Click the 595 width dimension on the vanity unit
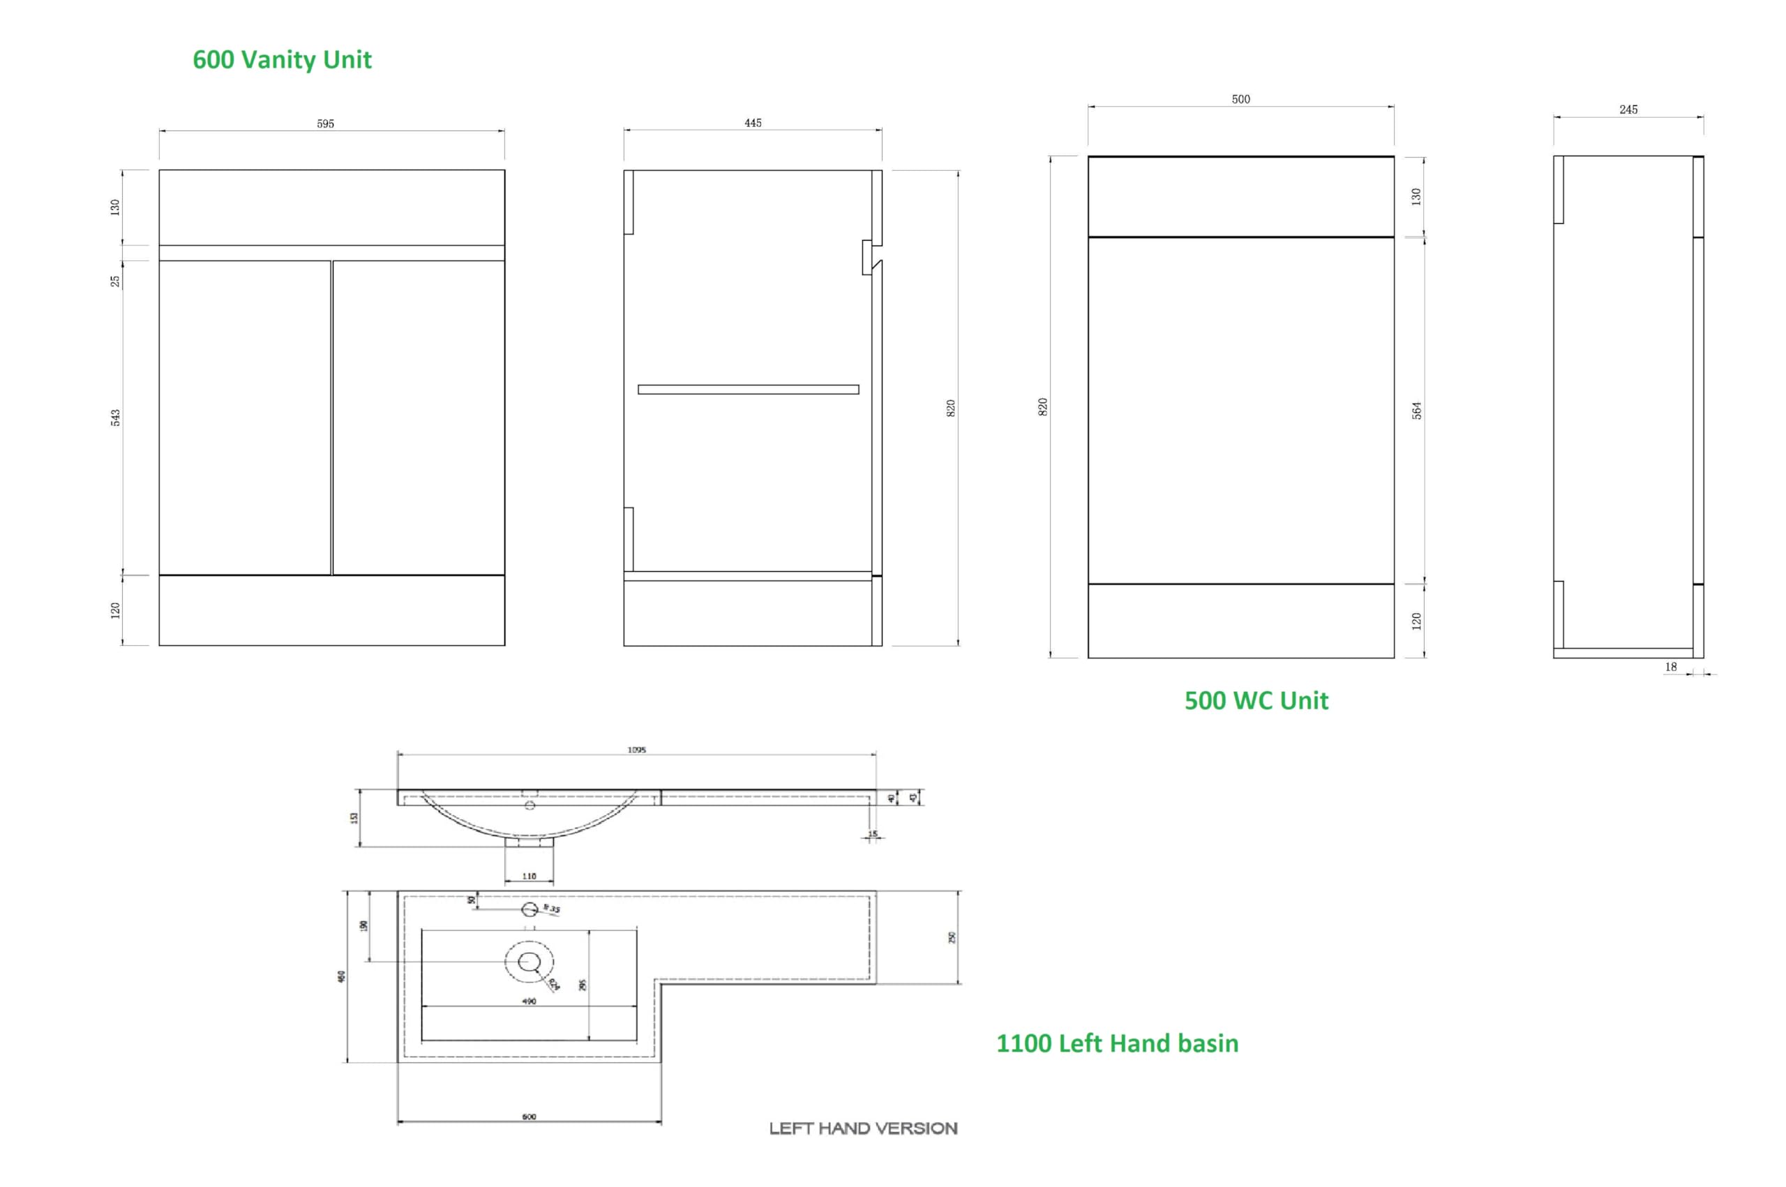coord(325,123)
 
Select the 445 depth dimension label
coord(752,123)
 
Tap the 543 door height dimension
coord(116,417)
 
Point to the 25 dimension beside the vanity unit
coord(115,281)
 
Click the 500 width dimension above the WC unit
coord(1240,99)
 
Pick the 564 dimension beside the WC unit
coord(1416,410)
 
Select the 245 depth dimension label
coord(1628,109)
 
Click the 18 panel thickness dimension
coord(1670,667)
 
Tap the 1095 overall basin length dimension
coord(636,750)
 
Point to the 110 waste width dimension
coord(528,876)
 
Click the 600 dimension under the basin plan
coord(528,1117)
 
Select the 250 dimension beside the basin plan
coord(952,937)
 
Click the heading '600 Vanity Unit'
coord(282,60)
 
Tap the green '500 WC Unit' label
coord(1255,700)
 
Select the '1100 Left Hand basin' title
coord(1117,1043)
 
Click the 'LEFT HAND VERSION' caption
coord(862,1128)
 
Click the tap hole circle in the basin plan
coord(530,909)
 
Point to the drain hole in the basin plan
coord(528,962)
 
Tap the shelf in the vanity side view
coord(747,390)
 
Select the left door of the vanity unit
coord(245,417)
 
